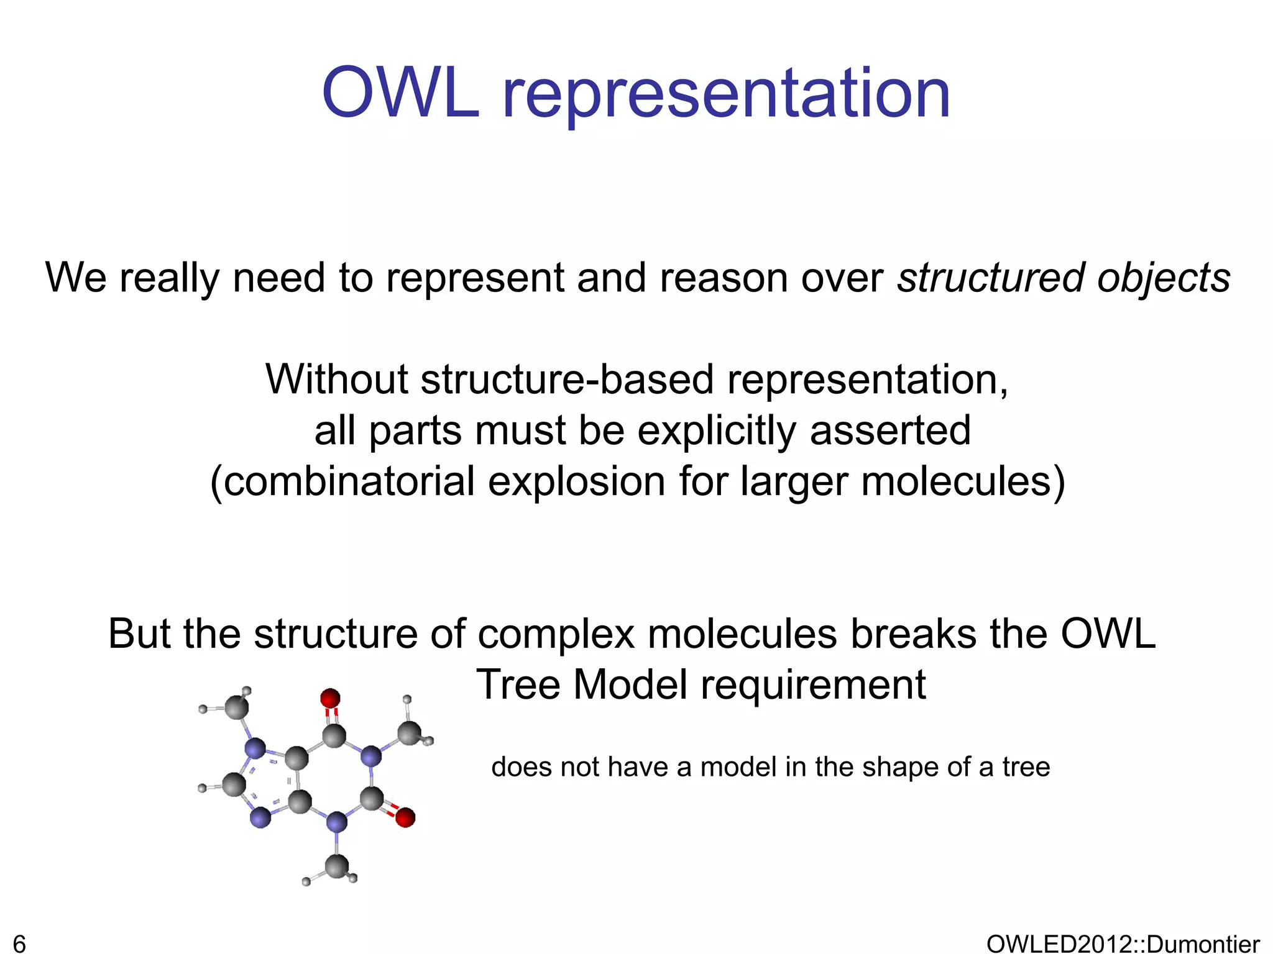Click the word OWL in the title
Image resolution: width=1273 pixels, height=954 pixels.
[401, 94]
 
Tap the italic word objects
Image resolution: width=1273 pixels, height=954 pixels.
[1164, 279]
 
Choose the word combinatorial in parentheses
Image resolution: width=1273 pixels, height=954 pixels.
[349, 482]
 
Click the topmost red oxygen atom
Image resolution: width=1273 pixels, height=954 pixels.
[330, 698]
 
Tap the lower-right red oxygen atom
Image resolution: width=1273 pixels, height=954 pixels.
[405, 818]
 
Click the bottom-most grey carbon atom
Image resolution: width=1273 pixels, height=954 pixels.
[337, 866]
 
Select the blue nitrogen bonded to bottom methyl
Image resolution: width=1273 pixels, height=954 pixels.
[337, 824]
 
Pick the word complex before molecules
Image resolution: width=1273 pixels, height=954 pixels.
[556, 634]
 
